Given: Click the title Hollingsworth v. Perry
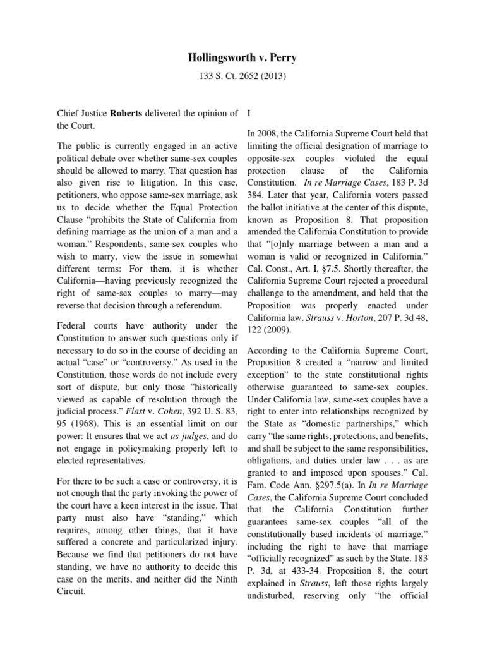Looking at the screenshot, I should pyautogui.click(x=242, y=59).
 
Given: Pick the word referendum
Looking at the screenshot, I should pyautogui.click(x=191, y=305).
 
